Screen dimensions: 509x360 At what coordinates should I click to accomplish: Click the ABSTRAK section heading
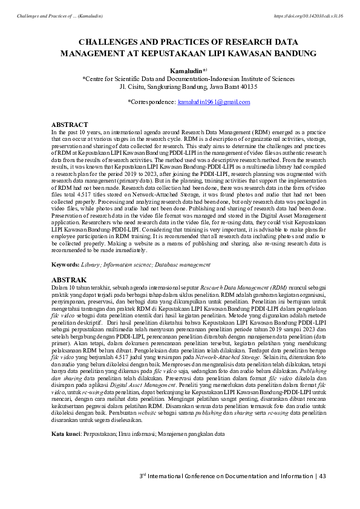coord(69,280)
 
